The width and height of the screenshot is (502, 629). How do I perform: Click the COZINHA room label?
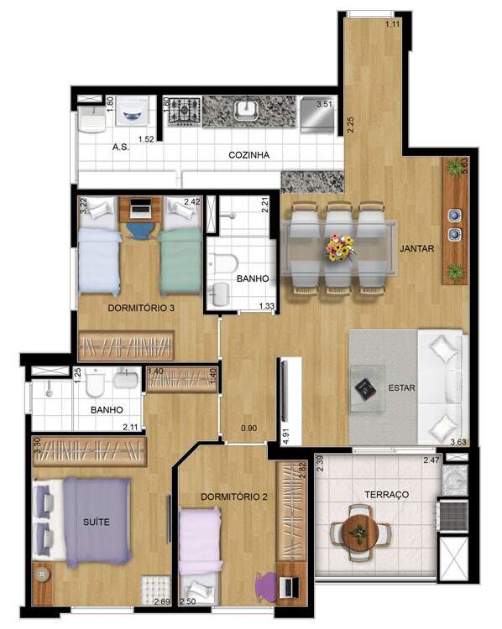pos(249,155)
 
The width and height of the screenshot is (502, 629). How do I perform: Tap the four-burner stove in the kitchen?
pos(185,110)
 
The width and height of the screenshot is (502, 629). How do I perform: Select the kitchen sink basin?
pos(247,110)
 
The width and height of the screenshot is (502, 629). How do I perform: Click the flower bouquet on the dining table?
pos(341,247)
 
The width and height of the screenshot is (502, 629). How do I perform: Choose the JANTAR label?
pos(417,248)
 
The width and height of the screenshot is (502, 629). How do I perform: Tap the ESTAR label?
pos(401,388)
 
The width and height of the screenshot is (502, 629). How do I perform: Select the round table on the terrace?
pos(360,533)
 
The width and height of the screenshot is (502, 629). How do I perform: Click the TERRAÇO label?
pos(387,494)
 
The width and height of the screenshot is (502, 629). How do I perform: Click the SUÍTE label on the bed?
pos(96,522)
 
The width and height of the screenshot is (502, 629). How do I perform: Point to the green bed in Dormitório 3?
pos(180,261)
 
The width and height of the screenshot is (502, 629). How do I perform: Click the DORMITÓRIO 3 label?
pos(141,308)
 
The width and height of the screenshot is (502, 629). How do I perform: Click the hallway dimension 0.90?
pos(248,428)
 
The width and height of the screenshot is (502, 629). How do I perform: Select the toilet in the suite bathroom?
pos(96,382)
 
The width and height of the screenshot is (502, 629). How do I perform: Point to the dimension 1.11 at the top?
pos(392,24)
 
